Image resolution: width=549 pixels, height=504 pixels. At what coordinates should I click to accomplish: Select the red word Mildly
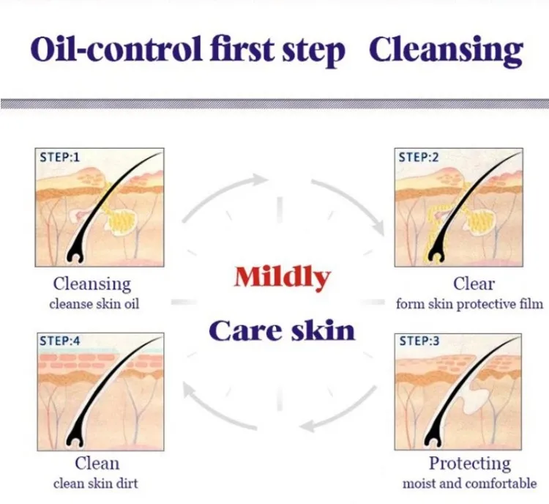click(283, 278)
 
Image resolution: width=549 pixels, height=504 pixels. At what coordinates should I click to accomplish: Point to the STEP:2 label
click(419, 157)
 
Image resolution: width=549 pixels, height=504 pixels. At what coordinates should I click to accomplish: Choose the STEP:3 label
click(419, 341)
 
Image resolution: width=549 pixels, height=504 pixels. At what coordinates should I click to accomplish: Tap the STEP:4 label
click(60, 341)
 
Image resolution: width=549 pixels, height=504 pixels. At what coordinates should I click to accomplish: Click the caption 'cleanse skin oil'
click(94, 303)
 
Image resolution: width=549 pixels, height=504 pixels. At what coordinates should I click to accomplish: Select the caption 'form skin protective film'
click(469, 303)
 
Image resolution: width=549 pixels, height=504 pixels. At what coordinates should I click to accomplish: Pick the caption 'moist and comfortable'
click(469, 483)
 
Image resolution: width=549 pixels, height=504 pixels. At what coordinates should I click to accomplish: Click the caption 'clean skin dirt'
click(96, 483)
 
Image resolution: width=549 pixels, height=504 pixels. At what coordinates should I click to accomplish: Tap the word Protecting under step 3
click(470, 464)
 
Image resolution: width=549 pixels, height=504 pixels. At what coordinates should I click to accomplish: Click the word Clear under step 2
click(474, 284)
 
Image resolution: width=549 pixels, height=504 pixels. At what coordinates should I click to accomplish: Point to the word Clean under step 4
click(97, 464)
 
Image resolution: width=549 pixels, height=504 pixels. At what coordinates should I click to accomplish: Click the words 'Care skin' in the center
click(282, 330)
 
